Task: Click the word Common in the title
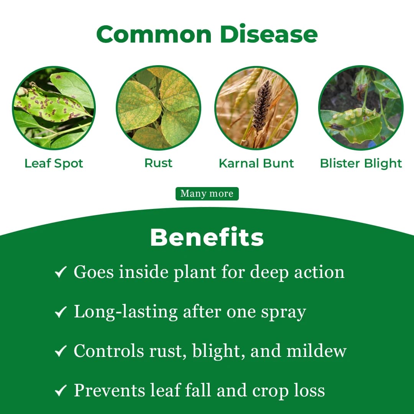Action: [154, 34]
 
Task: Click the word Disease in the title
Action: [269, 34]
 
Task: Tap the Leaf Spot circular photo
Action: [54, 108]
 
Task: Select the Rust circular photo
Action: [158, 108]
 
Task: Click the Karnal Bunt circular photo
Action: [256, 108]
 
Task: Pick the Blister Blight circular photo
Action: [361, 108]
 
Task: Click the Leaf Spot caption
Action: [54, 163]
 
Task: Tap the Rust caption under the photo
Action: [158, 163]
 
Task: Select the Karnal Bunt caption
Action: [256, 163]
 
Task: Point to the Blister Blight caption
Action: [361, 163]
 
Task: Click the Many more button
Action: [207, 194]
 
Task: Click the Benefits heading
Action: [207, 238]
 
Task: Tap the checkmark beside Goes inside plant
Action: [61, 273]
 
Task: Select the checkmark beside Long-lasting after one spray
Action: [61, 312]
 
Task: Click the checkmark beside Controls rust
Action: [61, 352]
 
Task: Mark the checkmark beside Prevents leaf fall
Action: [61, 391]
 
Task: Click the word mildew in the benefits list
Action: [320, 351]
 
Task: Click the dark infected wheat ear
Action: [262, 105]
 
